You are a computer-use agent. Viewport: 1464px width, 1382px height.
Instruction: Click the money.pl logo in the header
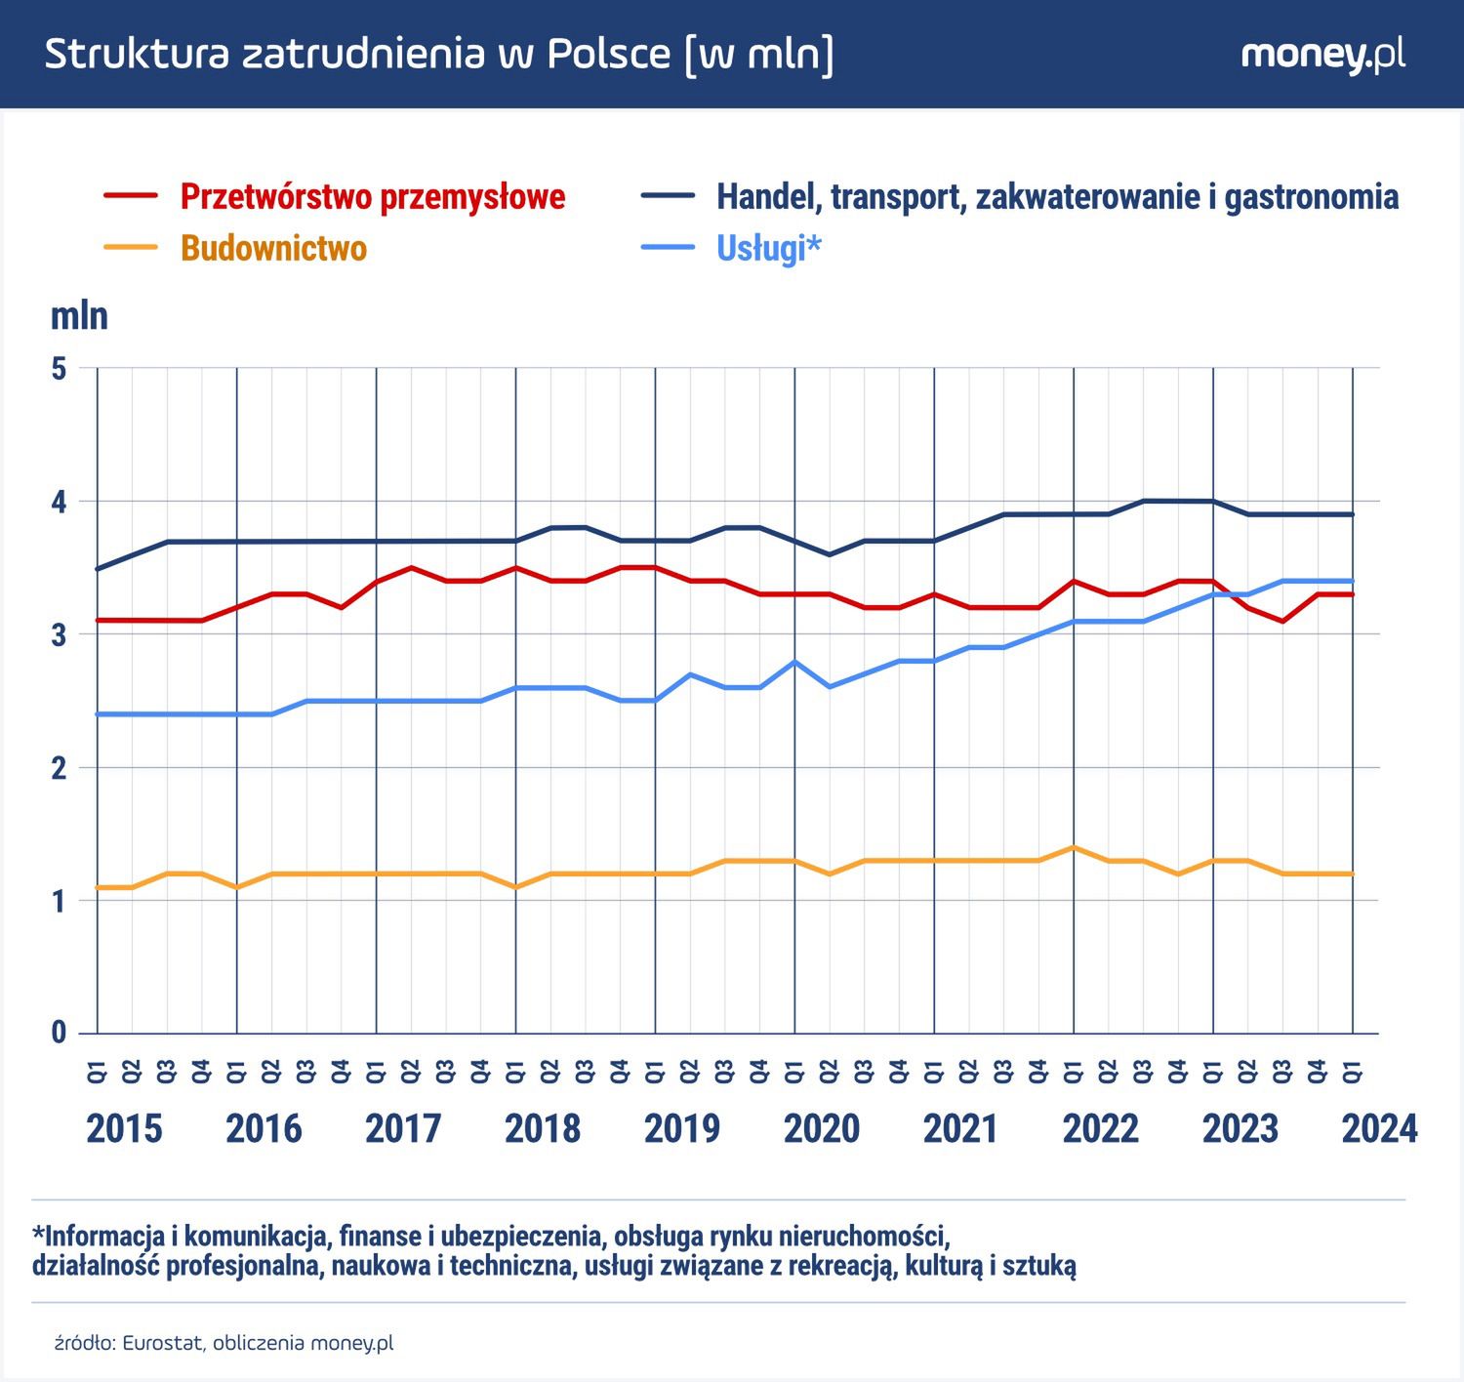pyautogui.click(x=1322, y=55)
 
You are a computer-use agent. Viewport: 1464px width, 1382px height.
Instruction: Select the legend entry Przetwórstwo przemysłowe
pyautogui.click(x=372, y=196)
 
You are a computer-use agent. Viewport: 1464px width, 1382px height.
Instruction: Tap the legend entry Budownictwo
pyautogui.click(x=273, y=248)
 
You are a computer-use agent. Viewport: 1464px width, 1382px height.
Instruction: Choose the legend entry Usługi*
pyautogui.click(x=768, y=248)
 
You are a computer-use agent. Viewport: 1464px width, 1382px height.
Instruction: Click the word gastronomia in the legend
pyautogui.click(x=1311, y=196)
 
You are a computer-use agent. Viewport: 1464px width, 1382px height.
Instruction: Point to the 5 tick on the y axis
pyautogui.click(x=60, y=369)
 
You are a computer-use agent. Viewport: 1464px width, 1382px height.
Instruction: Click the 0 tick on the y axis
pyautogui.click(x=60, y=1033)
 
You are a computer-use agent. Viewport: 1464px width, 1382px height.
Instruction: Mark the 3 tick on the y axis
pyautogui.click(x=60, y=634)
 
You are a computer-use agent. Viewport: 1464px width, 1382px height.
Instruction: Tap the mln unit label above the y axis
pyautogui.click(x=79, y=316)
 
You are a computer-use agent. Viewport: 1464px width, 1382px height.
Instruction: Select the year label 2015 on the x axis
pyautogui.click(x=124, y=1128)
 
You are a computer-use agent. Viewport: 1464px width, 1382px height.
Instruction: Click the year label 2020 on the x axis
pyautogui.click(x=822, y=1128)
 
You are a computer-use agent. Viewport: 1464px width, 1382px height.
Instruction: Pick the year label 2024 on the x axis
pyautogui.click(x=1379, y=1128)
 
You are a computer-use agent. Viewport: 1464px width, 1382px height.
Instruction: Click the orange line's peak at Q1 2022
pyautogui.click(x=1074, y=847)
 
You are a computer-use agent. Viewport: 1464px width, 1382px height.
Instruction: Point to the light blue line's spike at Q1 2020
pyautogui.click(x=795, y=662)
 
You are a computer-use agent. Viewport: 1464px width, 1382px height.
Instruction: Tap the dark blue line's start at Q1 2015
pyautogui.click(x=98, y=568)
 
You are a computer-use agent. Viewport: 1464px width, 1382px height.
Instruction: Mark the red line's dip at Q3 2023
pyautogui.click(x=1282, y=621)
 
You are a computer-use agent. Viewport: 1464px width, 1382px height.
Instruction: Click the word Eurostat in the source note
pyautogui.click(x=163, y=1343)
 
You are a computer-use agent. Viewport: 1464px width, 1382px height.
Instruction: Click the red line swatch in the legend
pyautogui.click(x=131, y=196)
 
